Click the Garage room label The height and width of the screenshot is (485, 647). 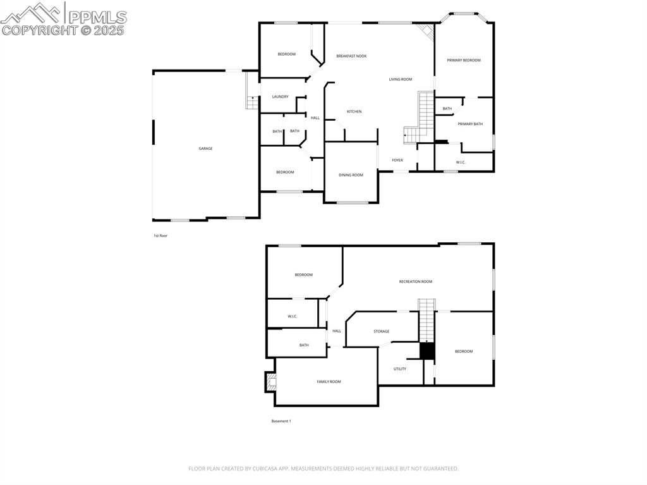point(205,149)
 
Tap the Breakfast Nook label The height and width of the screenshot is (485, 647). point(351,56)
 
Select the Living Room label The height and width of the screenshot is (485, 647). point(401,80)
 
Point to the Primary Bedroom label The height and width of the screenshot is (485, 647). point(464,61)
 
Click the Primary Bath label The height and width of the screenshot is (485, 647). point(470,124)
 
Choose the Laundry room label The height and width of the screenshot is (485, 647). point(281,97)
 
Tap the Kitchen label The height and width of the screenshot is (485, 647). point(354,112)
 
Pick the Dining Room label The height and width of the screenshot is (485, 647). point(351,175)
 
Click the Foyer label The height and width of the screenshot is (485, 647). point(397,161)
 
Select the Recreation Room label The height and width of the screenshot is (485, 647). point(416,281)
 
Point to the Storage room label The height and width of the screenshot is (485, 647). point(382,331)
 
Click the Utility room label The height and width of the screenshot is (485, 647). point(400,369)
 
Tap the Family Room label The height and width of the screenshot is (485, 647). point(329,382)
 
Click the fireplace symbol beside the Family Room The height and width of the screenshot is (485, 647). point(271,381)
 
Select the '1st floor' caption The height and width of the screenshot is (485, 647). point(160,236)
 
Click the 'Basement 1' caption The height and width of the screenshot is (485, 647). point(281,421)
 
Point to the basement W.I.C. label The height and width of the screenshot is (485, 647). point(293,316)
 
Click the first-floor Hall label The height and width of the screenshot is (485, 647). point(315,118)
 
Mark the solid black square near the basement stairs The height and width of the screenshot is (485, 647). point(428,351)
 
